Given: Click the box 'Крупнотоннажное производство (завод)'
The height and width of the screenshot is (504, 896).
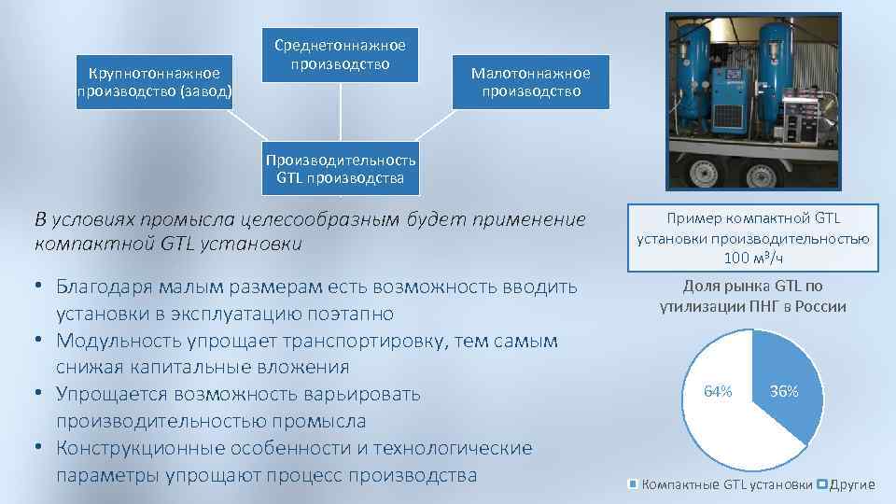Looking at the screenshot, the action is pos(154,82).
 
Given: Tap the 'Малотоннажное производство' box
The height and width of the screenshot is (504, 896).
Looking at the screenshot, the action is pos(530,82).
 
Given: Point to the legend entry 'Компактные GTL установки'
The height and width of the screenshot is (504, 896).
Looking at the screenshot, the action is pos(727,484).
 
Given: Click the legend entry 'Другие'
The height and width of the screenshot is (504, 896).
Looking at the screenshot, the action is pos(851,484).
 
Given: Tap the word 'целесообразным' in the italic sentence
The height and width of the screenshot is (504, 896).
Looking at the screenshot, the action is pos(313,220).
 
